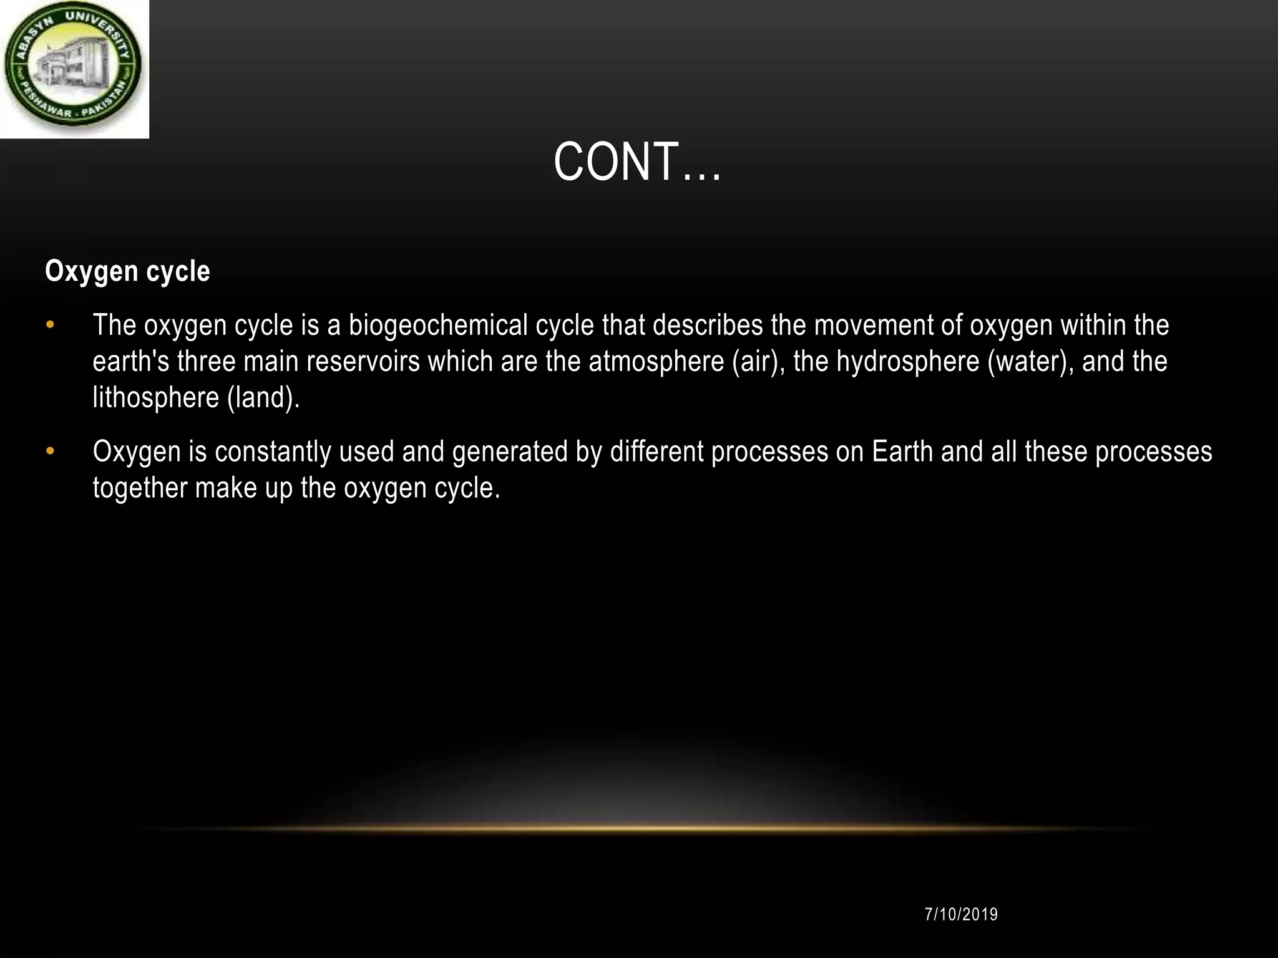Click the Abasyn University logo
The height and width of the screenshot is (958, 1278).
click(x=73, y=68)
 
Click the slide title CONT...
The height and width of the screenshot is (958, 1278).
click(x=637, y=162)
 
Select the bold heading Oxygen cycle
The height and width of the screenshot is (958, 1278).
click(x=127, y=271)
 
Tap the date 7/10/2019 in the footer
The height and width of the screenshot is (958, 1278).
click(x=961, y=914)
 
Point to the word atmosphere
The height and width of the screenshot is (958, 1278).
click(x=656, y=362)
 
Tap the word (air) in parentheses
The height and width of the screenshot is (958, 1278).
click(x=758, y=362)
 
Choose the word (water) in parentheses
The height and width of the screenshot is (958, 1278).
click(x=1030, y=362)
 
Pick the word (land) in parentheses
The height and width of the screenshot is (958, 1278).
click(x=263, y=398)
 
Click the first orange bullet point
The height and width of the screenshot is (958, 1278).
click(x=51, y=326)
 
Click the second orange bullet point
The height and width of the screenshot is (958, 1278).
click(x=51, y=452)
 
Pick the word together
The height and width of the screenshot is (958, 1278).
click(x=140, y=488)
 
